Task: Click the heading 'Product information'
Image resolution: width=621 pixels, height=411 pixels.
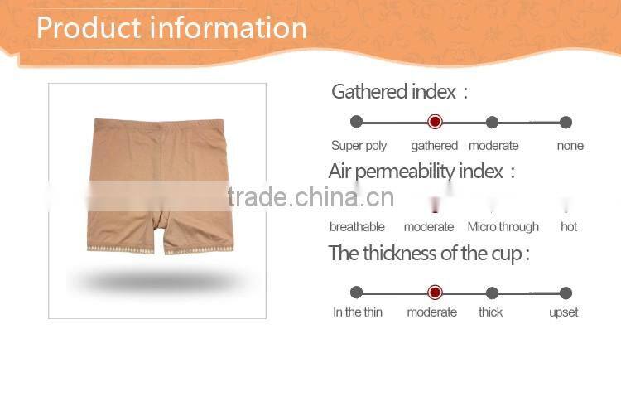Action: tap(171, 27)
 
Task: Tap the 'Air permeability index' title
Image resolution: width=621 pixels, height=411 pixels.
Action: tap(421, 172)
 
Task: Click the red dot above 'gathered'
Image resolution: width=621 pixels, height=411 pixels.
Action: tap(435, 122)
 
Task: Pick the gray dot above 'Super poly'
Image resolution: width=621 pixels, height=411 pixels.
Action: tap(357, 122)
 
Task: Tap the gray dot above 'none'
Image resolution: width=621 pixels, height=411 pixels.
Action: tap(566, 122)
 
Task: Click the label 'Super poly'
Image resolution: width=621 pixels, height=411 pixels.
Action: tap(359, 146)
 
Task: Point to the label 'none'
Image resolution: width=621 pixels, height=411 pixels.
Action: tap(570, 146)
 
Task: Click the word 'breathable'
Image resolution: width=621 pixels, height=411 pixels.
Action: tap(357, 227)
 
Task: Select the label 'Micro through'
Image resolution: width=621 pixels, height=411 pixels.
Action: tap(503, 227)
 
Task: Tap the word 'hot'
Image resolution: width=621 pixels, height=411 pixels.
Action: tap(569, 227)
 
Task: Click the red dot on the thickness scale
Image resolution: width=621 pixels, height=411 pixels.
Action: tap(435, 293)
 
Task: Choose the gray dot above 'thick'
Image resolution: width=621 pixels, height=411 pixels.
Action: tap(492, 293)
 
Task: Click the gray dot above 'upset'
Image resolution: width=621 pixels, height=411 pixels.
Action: tap(566, 293)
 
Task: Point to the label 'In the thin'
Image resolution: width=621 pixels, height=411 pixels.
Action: tap(358, 312)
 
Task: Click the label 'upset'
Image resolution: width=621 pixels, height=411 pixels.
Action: tap(564, 312)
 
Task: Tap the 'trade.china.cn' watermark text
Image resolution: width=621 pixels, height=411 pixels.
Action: tap(310, 197)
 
